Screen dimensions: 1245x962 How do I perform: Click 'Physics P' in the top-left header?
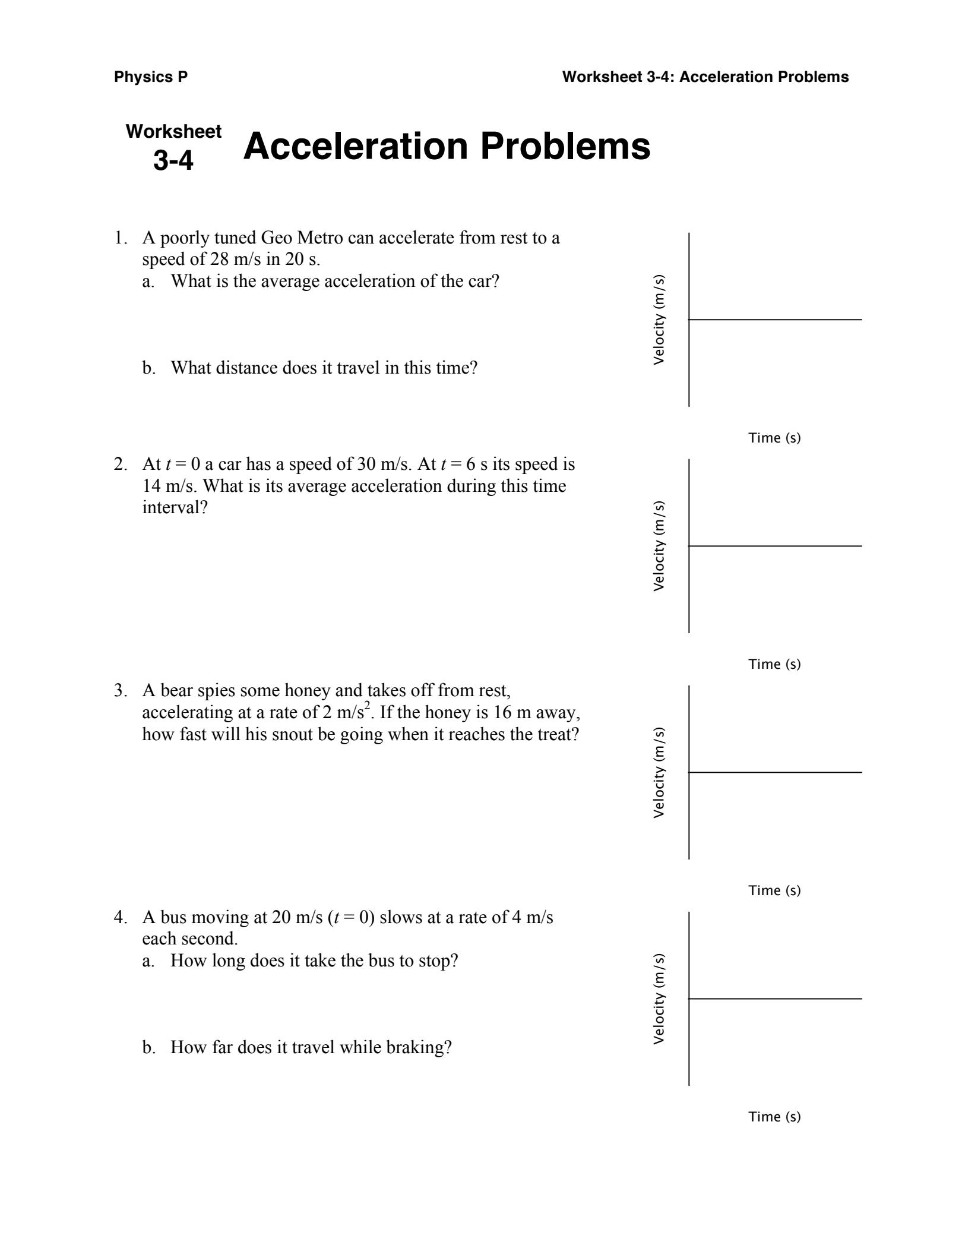151,77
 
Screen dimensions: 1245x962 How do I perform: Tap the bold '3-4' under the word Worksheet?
173,160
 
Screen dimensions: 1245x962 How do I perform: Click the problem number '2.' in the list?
121,464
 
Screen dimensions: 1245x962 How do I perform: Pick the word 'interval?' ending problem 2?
175,508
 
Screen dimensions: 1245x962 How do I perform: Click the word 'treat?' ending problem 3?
558,735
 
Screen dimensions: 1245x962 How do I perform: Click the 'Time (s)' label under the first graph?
774,438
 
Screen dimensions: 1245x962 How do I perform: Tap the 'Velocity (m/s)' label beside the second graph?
659,546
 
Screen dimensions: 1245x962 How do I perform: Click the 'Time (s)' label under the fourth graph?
774,1117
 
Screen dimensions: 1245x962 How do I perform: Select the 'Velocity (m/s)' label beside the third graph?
659,773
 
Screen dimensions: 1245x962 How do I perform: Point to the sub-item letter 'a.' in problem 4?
148,961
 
